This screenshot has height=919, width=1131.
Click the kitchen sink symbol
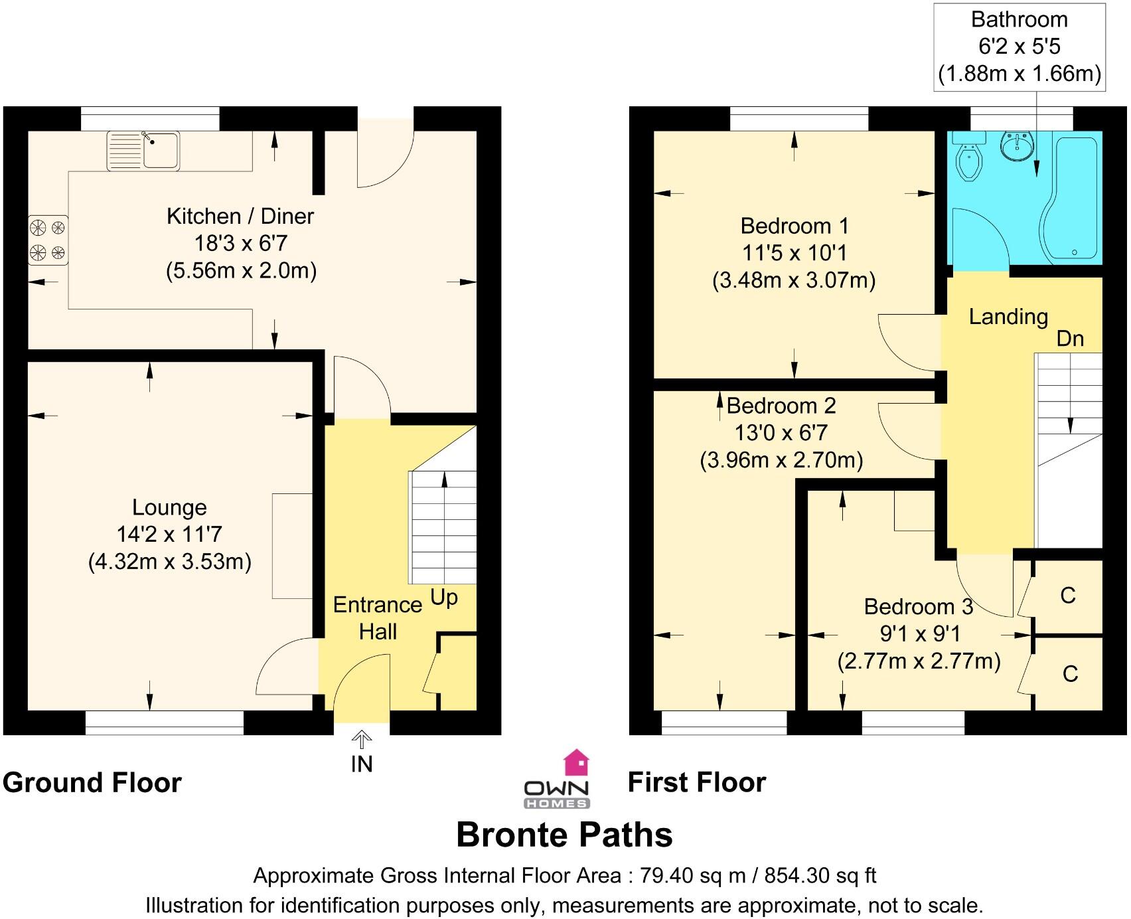click(x=143, y=151)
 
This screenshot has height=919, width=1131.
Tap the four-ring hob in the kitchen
click(x=48, y=240)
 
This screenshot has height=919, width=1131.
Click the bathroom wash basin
click(x=1017, y=145)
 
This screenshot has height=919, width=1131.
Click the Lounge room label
click(x=169, y=507)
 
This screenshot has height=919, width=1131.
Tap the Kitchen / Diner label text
click(x=240, y=216)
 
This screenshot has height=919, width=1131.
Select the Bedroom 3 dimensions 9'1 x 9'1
click(x=919, y=634)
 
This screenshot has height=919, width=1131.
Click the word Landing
click(x=1008, y=317)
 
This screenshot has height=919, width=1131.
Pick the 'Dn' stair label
click(x=1069, y=339)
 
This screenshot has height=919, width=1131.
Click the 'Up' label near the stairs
click(x=444, y=597)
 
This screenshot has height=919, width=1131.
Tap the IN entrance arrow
click(x=362, y=739)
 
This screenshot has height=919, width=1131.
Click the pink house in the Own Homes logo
click(x=576, y=763)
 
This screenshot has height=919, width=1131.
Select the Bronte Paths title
click(x=564, y=835)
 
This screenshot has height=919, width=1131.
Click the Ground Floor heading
click(x=92, y=783)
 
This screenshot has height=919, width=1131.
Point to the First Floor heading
click(x=697, y=782)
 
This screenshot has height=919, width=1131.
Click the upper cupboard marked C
click(x=1067, y=596)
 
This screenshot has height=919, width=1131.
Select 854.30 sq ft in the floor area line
click(x=820, y=876)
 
